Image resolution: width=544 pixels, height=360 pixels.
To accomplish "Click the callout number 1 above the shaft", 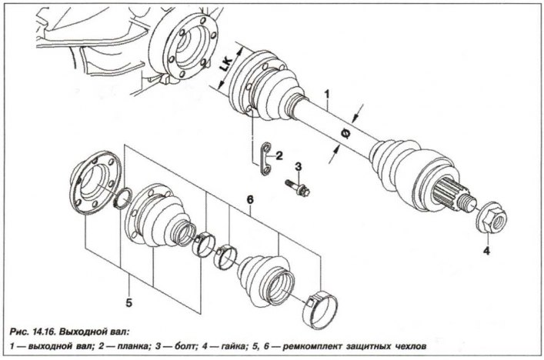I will point(327,96).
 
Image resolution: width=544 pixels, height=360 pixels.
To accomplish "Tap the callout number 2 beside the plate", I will point(279,155).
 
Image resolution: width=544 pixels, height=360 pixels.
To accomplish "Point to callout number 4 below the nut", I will point(486,249).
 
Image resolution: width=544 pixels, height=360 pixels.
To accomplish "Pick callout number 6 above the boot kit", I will point(249,199).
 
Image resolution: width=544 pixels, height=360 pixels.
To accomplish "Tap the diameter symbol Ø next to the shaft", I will point(344,135).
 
